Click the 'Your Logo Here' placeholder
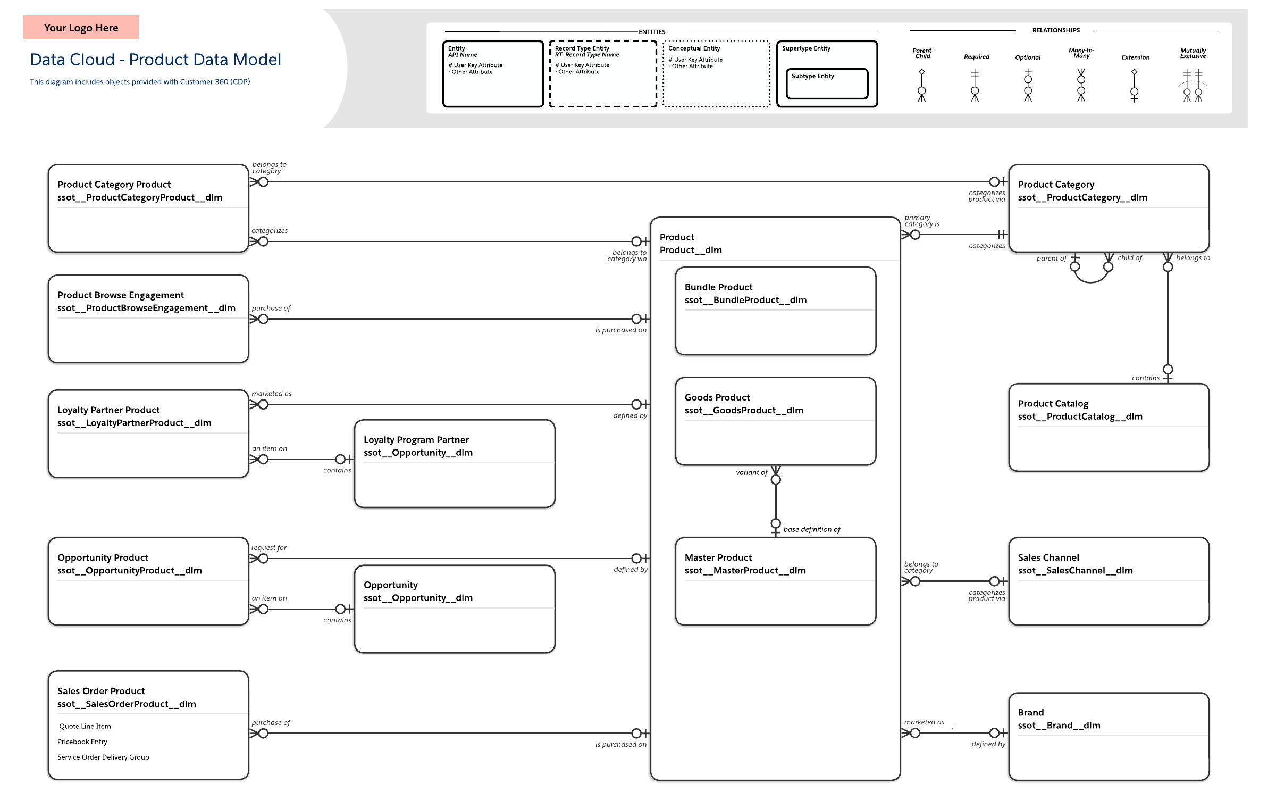tap(81, 28)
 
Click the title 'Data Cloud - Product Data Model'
tap(155, 60)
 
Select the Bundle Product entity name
tap(718, 287)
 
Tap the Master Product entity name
tap(718, 557)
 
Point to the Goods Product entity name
tap(717, 397)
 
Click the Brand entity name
tap(1030, 712)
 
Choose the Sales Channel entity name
tap(1048, 557)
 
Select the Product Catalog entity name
tap(1053, 404)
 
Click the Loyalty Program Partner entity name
tap(416, 440)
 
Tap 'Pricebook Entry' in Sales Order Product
tap(82, 742)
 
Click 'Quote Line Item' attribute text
tap(85, 726)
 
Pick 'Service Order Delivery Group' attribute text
tap(103, 757)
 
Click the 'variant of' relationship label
tap(751, 472)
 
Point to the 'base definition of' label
tap(812, 529)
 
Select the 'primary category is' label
tap(922, 221)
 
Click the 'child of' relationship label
tap(1129, 258)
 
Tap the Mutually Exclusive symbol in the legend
tap(1193, 86)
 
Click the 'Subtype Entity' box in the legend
tap(827, 84)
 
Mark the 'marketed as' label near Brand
tap(924, 722)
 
